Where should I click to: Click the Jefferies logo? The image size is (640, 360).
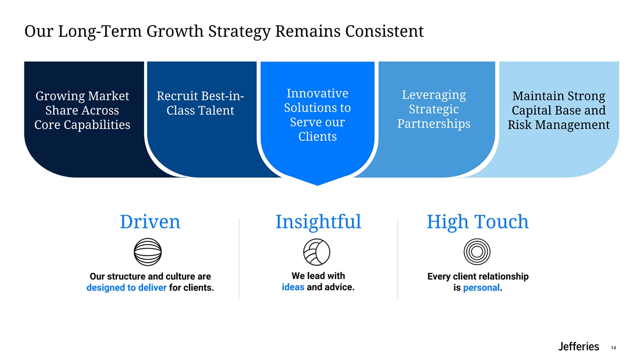578,347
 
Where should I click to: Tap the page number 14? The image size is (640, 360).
613,348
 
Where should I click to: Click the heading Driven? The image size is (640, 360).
150,222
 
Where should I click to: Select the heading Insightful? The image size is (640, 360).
318,222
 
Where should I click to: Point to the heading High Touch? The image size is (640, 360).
477,222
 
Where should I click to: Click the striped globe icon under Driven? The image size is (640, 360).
148,251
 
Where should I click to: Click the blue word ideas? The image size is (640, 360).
293,287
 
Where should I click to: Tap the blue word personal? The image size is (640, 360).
482,288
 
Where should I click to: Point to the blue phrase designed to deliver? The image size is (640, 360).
126,289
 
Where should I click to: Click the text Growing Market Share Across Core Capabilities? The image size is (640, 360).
82,110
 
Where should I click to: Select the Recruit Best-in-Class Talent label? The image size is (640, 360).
200,103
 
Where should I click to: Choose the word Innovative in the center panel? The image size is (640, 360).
317,93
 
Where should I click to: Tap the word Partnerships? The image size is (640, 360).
434,124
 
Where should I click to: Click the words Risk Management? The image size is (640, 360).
558,125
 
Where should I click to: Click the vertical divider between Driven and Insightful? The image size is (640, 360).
239,259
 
